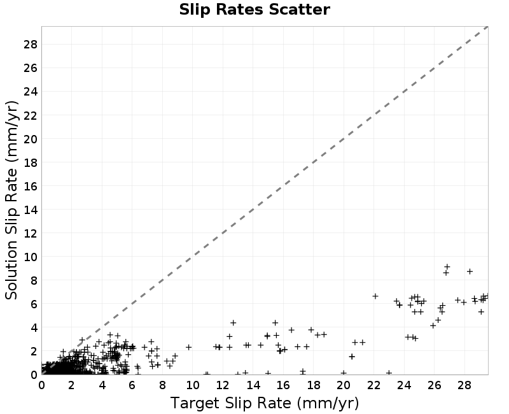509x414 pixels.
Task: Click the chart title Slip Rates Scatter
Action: (x=254, y=10)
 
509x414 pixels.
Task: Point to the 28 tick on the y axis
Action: (x=31, y=44)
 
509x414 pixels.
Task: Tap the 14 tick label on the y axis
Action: (x=31, y=210)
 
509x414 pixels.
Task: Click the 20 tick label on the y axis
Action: (x=31, y=139)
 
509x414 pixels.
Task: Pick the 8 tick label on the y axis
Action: (x=34, y=281)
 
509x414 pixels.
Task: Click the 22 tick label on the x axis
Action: (x=373, y=385)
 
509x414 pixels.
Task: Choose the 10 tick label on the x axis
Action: (x=193, y=385)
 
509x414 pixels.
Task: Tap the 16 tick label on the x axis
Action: (x=283, y=385)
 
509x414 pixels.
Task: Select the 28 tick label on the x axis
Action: (x=464, y=385)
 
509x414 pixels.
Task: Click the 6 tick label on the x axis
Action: (x=132, y=385)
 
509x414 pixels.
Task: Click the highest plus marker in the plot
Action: (x=447, y=267)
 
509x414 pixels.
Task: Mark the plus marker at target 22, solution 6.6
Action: (x=375, y=296)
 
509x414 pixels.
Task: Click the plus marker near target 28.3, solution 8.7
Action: (x=470, y=271)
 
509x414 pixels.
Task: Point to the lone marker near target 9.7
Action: (x=188, y=347)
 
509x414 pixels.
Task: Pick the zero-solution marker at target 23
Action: (x=389, y=373)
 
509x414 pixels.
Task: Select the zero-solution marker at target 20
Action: (x=344, y=373)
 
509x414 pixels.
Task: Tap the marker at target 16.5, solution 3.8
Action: (x=291, y=330)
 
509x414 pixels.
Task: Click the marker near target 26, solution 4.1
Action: (x=433, y=325)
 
